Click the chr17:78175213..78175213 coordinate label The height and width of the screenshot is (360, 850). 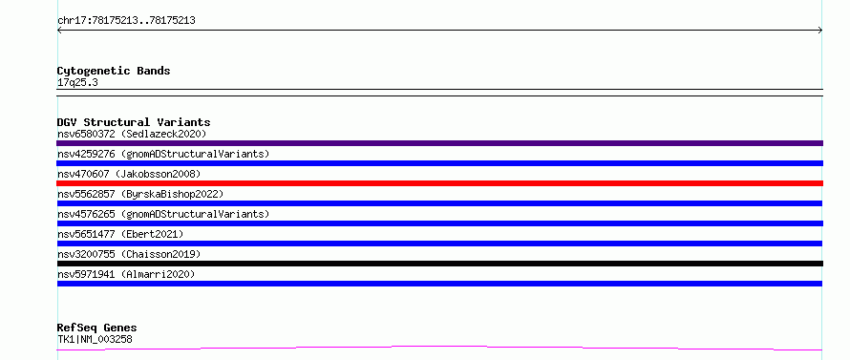pos(126,21)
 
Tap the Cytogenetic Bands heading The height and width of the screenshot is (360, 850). pos(114,71)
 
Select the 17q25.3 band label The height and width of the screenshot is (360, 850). pos(77,83)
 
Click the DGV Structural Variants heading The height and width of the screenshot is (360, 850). pos(134,122)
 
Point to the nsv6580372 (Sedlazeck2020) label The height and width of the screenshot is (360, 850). pos(132,134)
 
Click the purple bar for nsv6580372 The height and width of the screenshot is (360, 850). pos(439,143)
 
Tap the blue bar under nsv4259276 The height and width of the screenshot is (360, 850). pos(439,163)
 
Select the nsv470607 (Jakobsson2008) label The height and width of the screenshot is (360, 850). pos(129,174)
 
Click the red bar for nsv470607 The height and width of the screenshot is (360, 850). pos(439,183)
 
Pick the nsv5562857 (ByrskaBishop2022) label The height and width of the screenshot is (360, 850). pos(140,194)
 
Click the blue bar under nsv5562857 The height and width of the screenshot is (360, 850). pos(439,203)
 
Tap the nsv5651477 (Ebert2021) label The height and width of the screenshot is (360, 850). pos(120,234)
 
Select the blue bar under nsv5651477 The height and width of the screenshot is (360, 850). pos(439,244)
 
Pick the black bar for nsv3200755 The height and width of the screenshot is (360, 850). pos(439,264)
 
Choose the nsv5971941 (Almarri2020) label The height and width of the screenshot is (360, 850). pos(126,274)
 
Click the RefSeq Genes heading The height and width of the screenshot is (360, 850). pos(97,328)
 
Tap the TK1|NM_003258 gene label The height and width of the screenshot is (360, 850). pos(95,339)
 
